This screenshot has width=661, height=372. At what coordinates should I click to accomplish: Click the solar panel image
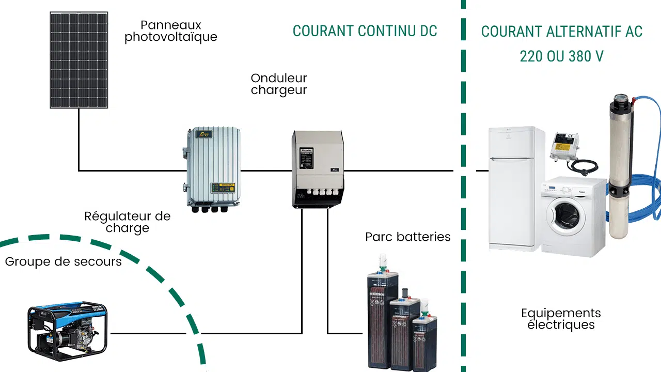pyautogui.click(x=79, y=60)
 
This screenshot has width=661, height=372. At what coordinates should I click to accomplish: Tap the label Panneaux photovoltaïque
pyautogui.click(x=171, y=31)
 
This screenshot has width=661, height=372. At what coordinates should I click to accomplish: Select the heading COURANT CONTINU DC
pyautogui.click(x=365, y=31)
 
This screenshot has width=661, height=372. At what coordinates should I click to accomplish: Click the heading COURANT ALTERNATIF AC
pyautogui.click(x=561, y=32)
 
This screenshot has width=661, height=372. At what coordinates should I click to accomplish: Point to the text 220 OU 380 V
pyautogui.click(x=561, y=56)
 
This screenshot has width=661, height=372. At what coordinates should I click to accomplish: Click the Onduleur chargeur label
pyautogui.click(x=279, y=84)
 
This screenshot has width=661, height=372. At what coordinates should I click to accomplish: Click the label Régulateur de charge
pyautogui.click(x=128, y=222)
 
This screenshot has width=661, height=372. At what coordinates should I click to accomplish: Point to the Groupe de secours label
pyautogui.click(x=64, y=261)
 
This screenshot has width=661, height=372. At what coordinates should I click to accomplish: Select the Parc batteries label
pyautogui.click(x=408, y=237)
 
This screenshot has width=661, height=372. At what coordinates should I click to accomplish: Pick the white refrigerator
pyautogui.click(x=515, y=186)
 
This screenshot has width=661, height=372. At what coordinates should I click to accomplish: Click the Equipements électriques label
pyautogui.click(x=561, y=319)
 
